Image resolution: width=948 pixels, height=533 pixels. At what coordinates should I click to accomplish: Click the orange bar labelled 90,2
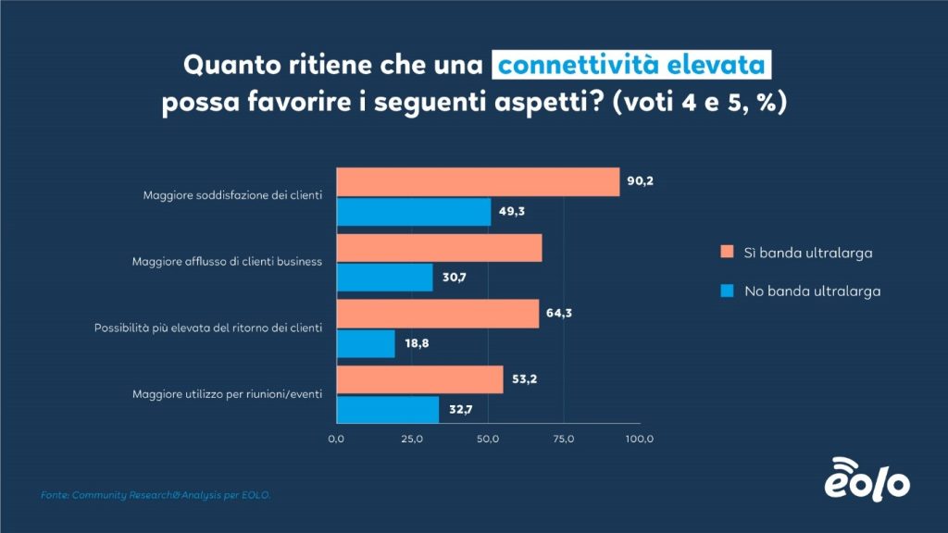point(478,181)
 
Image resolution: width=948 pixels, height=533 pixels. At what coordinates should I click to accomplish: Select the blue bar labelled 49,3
point(414,212)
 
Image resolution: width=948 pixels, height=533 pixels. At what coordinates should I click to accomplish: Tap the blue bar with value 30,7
point(384,278)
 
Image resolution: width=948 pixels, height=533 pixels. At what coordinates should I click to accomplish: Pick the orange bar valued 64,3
point(437,313)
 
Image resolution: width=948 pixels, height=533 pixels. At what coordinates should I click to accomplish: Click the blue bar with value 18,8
point(366,343)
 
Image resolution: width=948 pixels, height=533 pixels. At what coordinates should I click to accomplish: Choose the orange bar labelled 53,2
point(419,379)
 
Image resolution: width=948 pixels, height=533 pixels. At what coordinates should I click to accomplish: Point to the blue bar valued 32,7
point(387,409)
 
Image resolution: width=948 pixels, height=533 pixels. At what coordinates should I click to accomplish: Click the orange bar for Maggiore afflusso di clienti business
point(439,248)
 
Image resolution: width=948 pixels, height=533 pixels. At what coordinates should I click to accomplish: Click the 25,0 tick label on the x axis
point(412,439)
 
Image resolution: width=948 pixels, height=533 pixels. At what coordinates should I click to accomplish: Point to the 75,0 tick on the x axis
point(564,439)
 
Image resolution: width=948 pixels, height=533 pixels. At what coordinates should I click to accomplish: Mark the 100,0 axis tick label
point(639,439)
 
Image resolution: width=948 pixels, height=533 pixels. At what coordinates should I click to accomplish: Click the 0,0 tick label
point(336,439)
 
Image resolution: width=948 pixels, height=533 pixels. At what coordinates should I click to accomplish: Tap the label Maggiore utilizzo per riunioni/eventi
point(228,395)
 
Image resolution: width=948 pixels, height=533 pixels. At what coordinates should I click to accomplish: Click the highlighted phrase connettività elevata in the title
point(632,66)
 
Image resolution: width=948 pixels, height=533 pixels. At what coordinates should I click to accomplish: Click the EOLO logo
point(867,478)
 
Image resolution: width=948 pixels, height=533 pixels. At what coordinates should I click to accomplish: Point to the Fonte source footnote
point(156,495)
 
